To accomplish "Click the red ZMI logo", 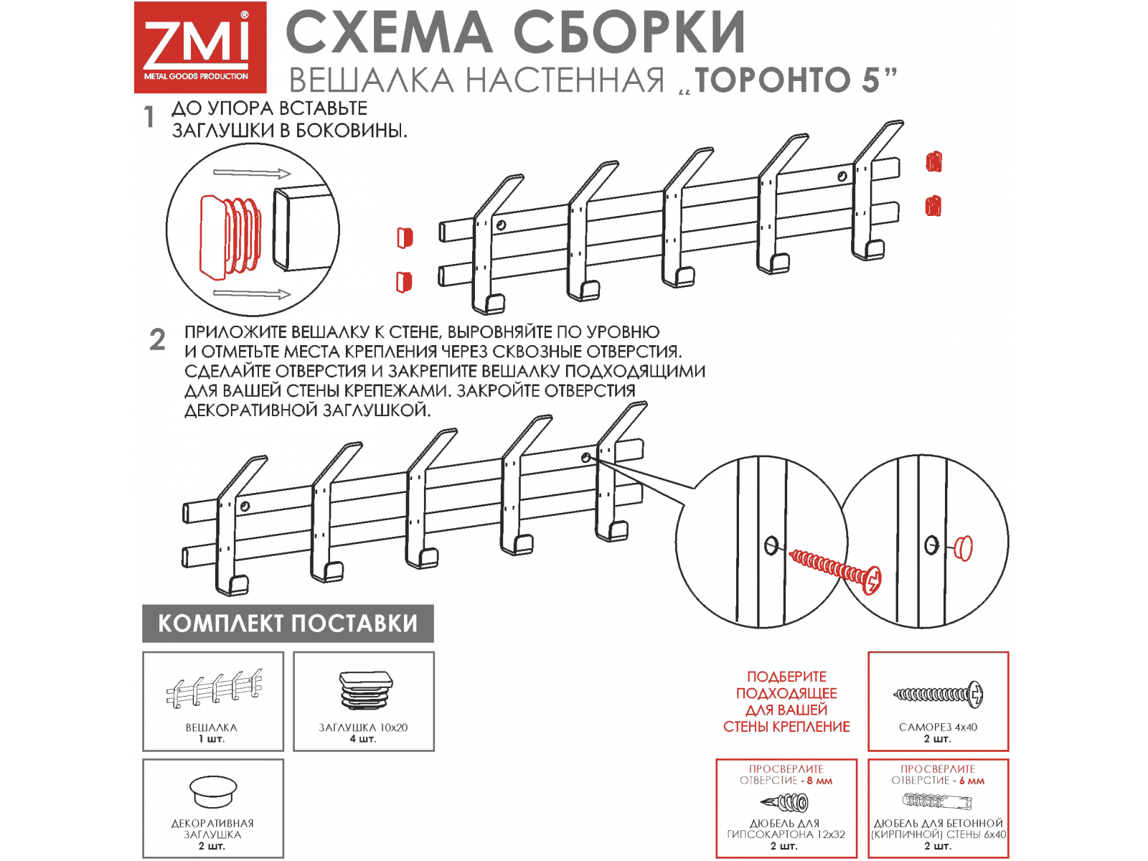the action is [200, 47].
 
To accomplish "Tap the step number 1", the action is [149, 116].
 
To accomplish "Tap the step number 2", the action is [157, 340].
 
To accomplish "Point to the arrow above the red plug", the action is [252, 173].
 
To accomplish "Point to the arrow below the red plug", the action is [252, 293].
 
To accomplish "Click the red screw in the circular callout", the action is [835, 571].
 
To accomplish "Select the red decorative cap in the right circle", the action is [964, 548].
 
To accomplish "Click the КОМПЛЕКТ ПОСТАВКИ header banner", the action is [288, 623].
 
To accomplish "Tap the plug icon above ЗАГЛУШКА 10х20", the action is [366, 691].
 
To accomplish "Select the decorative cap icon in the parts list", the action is [213, 792].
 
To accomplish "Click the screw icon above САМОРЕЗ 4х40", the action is [938, 695].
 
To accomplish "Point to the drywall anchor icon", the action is [784, 802].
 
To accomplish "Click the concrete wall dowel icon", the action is [937, 800].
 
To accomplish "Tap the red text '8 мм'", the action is [819, 781].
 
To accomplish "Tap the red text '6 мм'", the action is [971, 781].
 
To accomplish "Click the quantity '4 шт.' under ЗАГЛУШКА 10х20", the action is [363, 739].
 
